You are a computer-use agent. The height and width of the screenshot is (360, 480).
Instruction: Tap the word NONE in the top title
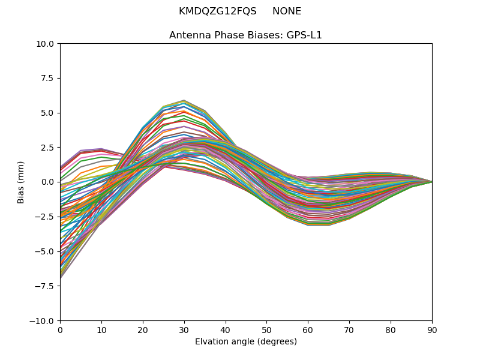(x=287, y=11)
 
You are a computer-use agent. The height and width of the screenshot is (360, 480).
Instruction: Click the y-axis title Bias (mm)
(x=22, y=182)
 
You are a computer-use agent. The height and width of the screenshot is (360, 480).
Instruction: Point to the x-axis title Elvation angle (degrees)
(x=246, y=342)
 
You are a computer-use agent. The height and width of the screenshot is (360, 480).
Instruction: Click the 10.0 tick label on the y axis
(x=47, y=44)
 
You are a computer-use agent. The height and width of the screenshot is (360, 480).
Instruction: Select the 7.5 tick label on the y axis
(x=49, y=78)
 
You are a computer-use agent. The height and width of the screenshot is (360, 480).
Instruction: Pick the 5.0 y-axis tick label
(x=49, y=113)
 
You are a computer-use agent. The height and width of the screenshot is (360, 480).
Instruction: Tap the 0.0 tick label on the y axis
(x=49, y=182)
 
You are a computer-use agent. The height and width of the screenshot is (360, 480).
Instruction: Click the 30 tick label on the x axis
(x=184, y=329)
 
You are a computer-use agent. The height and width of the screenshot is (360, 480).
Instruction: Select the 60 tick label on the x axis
(x=308, y=329)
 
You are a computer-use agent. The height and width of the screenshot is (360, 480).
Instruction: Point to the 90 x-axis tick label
(x=432, y=329)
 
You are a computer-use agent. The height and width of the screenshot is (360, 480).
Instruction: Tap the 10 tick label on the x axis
(x=101, y=329)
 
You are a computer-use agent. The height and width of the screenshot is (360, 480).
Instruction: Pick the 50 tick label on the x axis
(x=266, y=329)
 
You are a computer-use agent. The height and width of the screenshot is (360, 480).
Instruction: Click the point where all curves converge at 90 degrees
(x=431, y=182)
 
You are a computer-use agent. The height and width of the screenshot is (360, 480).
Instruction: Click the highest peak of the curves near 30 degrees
(x=184, y=100)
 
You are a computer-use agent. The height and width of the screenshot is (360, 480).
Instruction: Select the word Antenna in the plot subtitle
(x=187, y=35)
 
